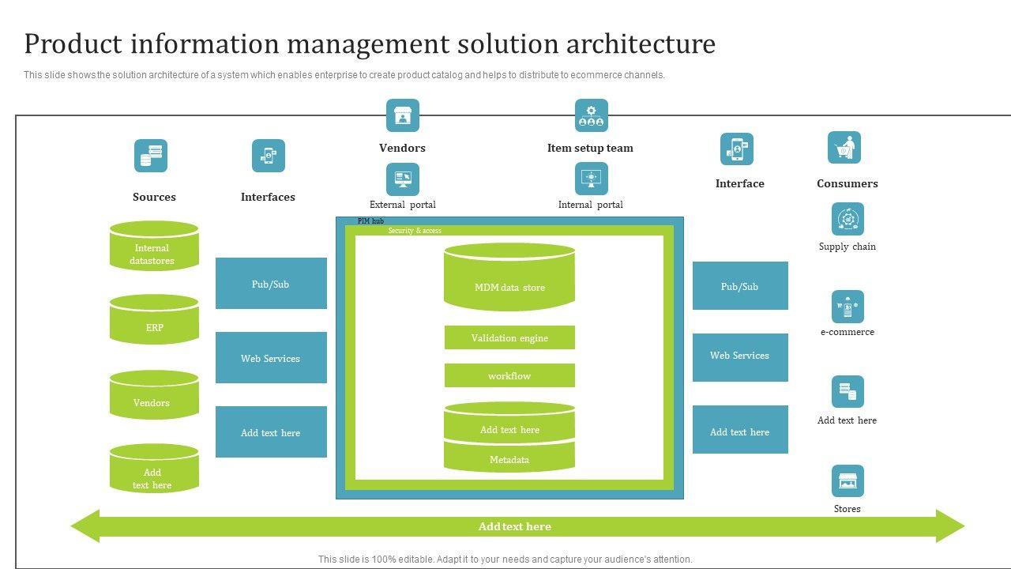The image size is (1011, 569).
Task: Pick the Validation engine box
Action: tap(509, 337)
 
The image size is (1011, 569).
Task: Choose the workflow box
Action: tap(509, 375)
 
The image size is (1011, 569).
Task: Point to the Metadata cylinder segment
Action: tap(509, 459)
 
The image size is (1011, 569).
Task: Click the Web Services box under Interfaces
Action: tap(271, 358)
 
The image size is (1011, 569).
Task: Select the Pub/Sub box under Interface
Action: tap(740, 286)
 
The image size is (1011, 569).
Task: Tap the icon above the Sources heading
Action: tap(151, 156)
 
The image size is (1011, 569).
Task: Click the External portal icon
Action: tap(403, 179)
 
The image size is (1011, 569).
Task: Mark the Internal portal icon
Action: tap(591, 179)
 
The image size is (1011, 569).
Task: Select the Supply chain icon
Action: tap(848, 219)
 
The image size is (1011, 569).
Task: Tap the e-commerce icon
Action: tap(848, 307)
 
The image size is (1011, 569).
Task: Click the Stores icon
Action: tap(848, 481)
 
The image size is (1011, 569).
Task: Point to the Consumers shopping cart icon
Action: tap(844, 148)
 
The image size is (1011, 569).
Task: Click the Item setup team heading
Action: tap(590, 148)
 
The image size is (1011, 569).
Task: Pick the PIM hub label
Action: tap(370, 221)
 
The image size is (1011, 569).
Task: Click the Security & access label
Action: tap(415, 231)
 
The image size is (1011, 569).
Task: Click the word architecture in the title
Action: tap(641, 43)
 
